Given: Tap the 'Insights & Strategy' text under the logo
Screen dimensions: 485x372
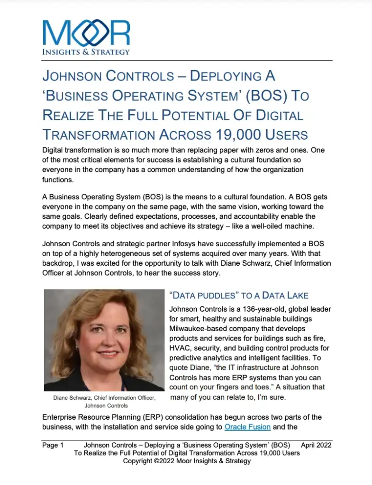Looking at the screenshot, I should pos(86,52).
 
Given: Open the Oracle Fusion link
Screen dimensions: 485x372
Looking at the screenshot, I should pos(247,427).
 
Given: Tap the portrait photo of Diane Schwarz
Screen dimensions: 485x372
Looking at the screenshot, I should pos(104,340).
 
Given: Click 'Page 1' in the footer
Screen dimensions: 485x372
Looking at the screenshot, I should pos(53,445).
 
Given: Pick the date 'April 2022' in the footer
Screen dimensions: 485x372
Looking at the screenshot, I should pos(316,445).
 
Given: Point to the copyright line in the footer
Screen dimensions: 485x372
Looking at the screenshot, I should pos(187,460).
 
